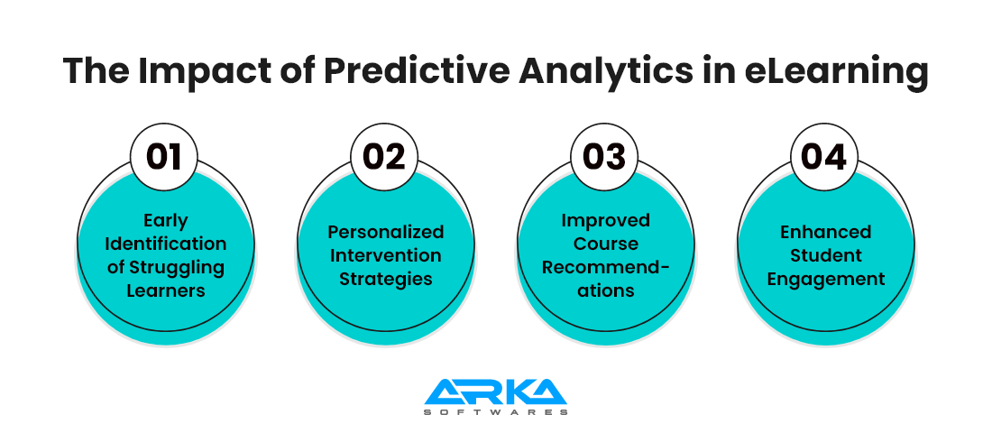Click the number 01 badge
click(164, 157)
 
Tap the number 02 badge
click(385, 157)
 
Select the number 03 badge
click(605, 157)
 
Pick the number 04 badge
click(824, 157)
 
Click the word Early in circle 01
click(166, 220)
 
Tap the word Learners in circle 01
click(166, 290)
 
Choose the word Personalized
click(385, 233)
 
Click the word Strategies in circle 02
click(386, 279)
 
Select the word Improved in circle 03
click(605, 220)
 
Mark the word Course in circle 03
click(605, 244)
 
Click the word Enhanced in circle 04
click(825, 233)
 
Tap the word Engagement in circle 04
click(825, 279)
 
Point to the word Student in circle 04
click(825, 256)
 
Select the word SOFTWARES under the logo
click(495, 412)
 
